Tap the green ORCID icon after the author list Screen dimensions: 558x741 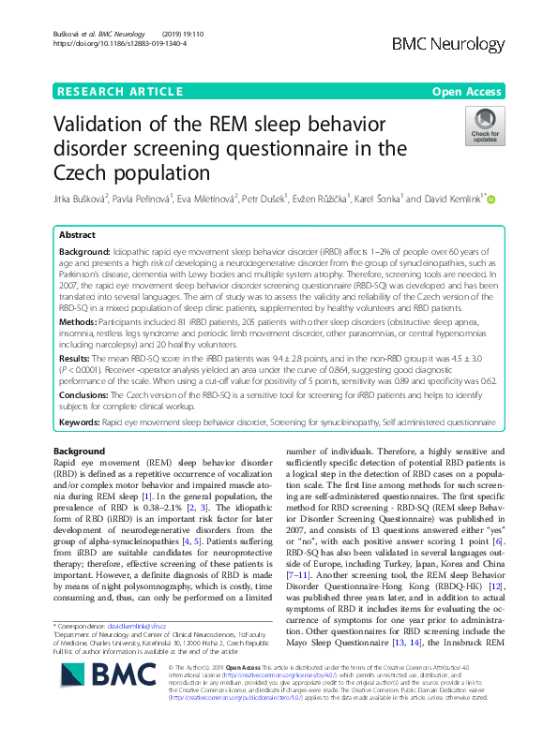(490, 198)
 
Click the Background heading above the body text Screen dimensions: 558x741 (80, 452)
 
